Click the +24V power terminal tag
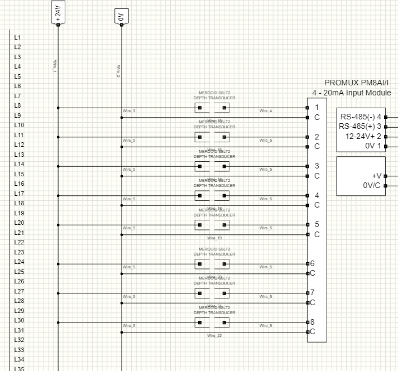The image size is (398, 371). (58, 13)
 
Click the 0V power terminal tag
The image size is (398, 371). (121, 16)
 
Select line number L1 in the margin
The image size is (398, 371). (17, 37)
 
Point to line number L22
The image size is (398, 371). (19, 242)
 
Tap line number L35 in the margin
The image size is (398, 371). (19, 368)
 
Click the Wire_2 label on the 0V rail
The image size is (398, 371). (118, 71)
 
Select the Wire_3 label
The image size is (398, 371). (129, 111)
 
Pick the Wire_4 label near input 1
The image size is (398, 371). (266, 111)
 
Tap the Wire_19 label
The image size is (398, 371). (215, 238)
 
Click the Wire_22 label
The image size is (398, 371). (215, 335)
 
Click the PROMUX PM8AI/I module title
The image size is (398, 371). (358, 83)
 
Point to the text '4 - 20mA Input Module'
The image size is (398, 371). (352, 93)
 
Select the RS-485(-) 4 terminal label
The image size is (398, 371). (361, 117)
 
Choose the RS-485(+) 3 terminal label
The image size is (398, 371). (360, 127)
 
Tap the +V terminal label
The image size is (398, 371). (376, 176)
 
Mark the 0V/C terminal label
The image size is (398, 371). (372, 185)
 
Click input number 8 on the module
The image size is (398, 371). (313, 322)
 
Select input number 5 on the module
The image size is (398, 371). (317, 224)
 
